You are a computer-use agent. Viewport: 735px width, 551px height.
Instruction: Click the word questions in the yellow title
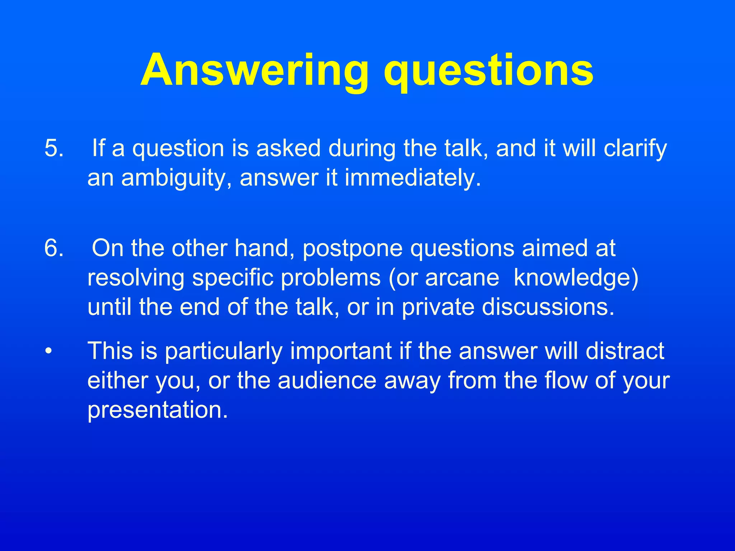(488, 71)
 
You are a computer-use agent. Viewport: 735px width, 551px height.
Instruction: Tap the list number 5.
(54, 148)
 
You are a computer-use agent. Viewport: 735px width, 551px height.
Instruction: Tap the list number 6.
(54, 248)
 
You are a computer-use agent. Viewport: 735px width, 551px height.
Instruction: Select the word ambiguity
(176, 178)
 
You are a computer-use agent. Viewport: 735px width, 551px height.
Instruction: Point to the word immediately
(412, 178)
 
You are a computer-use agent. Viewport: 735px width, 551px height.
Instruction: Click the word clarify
(635, 149)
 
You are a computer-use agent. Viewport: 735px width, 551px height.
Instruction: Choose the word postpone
(352, 249)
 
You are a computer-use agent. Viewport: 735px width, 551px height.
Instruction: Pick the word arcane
(462, 278)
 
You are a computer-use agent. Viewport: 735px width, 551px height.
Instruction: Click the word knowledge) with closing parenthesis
(576, 278)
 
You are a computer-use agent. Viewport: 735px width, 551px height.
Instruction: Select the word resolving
(136, 278)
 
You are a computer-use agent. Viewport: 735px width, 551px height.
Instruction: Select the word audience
(327, 380)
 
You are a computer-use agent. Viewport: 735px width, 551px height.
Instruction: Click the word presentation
(158, 410)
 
